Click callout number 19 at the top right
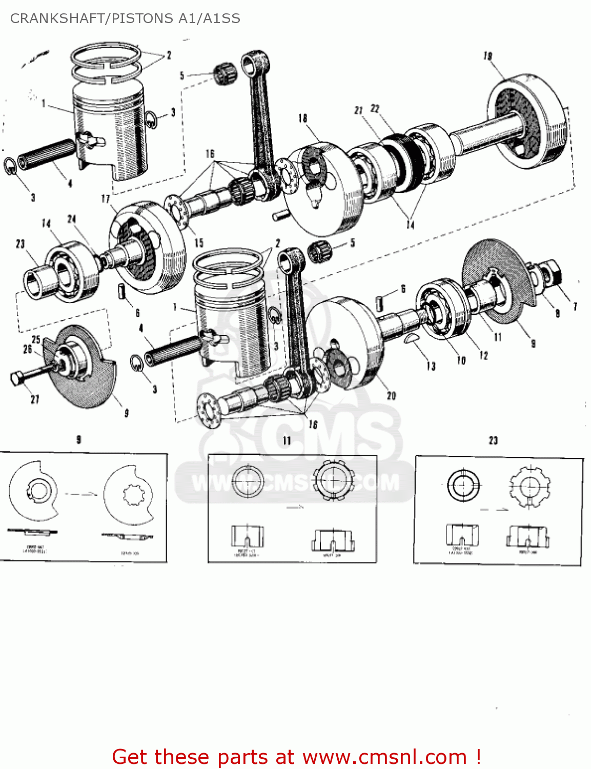pos(487,55)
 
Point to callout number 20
pos(392,395)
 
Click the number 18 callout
pos(303,118)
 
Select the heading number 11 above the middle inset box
pos(287,440)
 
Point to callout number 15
pos(199,243)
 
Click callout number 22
pos(375,109)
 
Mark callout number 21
pos(358,110)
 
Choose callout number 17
pos(106,198)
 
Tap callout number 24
pos(72,219)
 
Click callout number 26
pos(27,349)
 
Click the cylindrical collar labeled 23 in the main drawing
pos(37,282)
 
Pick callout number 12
pos(483,355)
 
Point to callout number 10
pos(461,360)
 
